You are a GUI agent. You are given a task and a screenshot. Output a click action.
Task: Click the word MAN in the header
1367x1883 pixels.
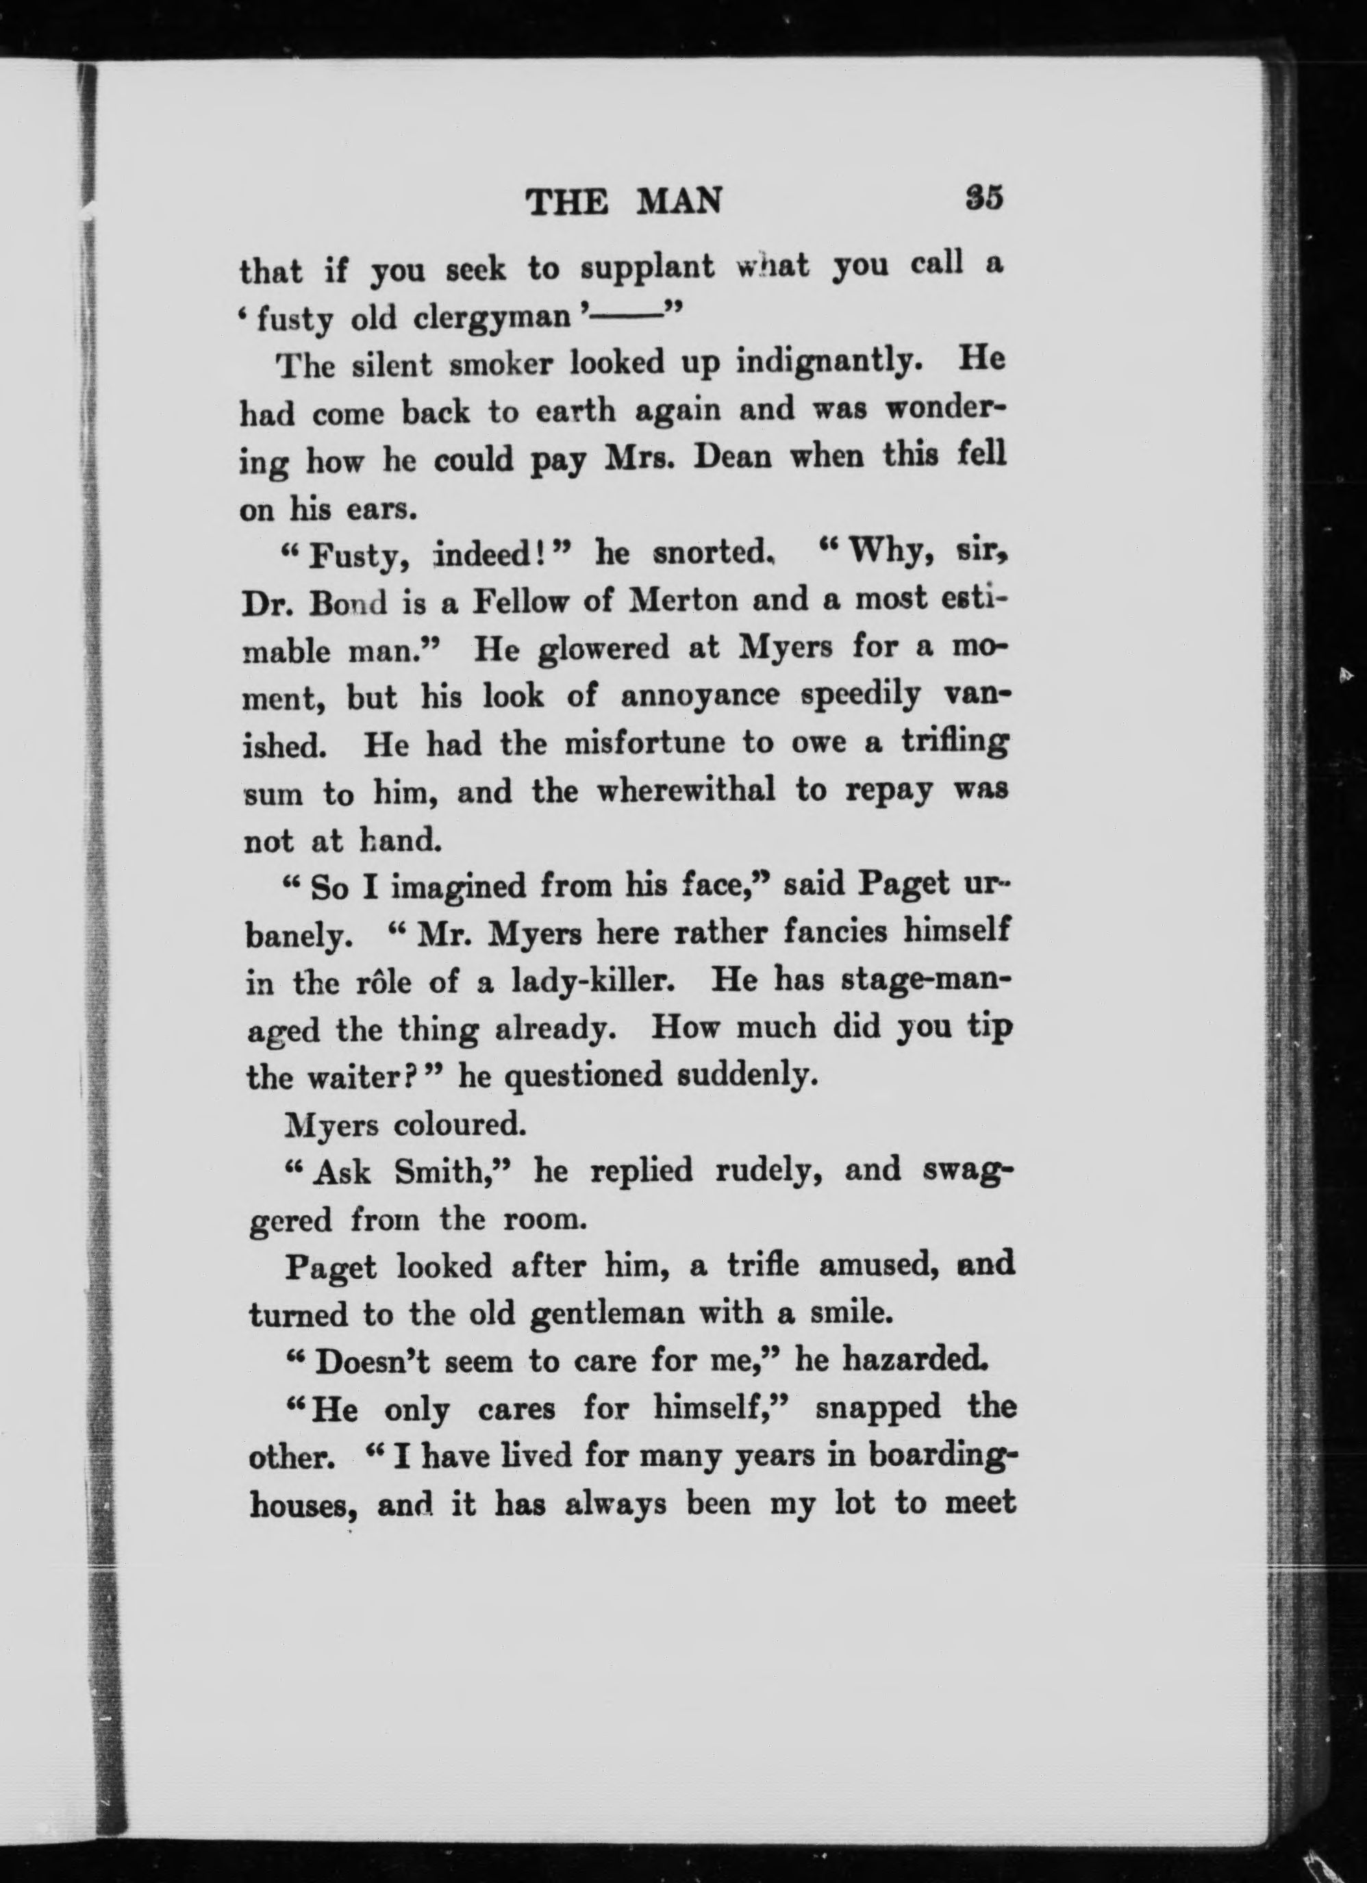click(x=678, y=202)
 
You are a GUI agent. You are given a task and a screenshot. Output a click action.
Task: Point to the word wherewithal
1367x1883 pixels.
click(x=686, y=790)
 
